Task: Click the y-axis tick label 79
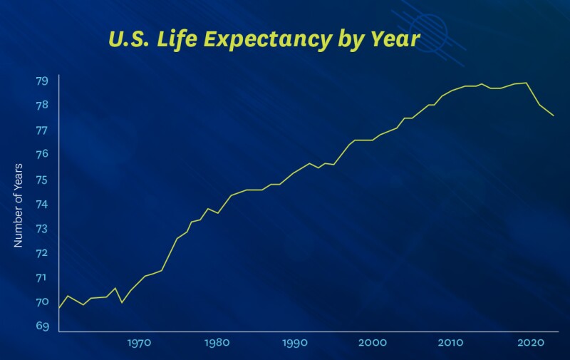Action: click(x=42, y=81)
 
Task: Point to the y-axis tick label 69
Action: click(x=42, y=326)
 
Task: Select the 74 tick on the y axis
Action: click(x=42, y=204)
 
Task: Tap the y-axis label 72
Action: click(x=42, y=253)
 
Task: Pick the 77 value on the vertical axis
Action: click(x=42, y=130)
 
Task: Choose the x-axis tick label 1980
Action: click(x=217, y=343)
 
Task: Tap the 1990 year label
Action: click(x=294, y=343)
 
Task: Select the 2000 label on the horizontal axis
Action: click(x=372, y=343)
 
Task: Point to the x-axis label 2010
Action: click(x=450, y=343)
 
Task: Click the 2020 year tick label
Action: click(x=528, y=343)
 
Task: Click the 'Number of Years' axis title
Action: click(x=19, y=205)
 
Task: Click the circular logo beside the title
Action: click(x=428, y=30)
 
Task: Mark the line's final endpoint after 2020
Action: click(x=554, y=115)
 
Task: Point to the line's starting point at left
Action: click(x=59, y=307)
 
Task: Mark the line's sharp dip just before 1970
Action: click(x=122, y=302)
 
